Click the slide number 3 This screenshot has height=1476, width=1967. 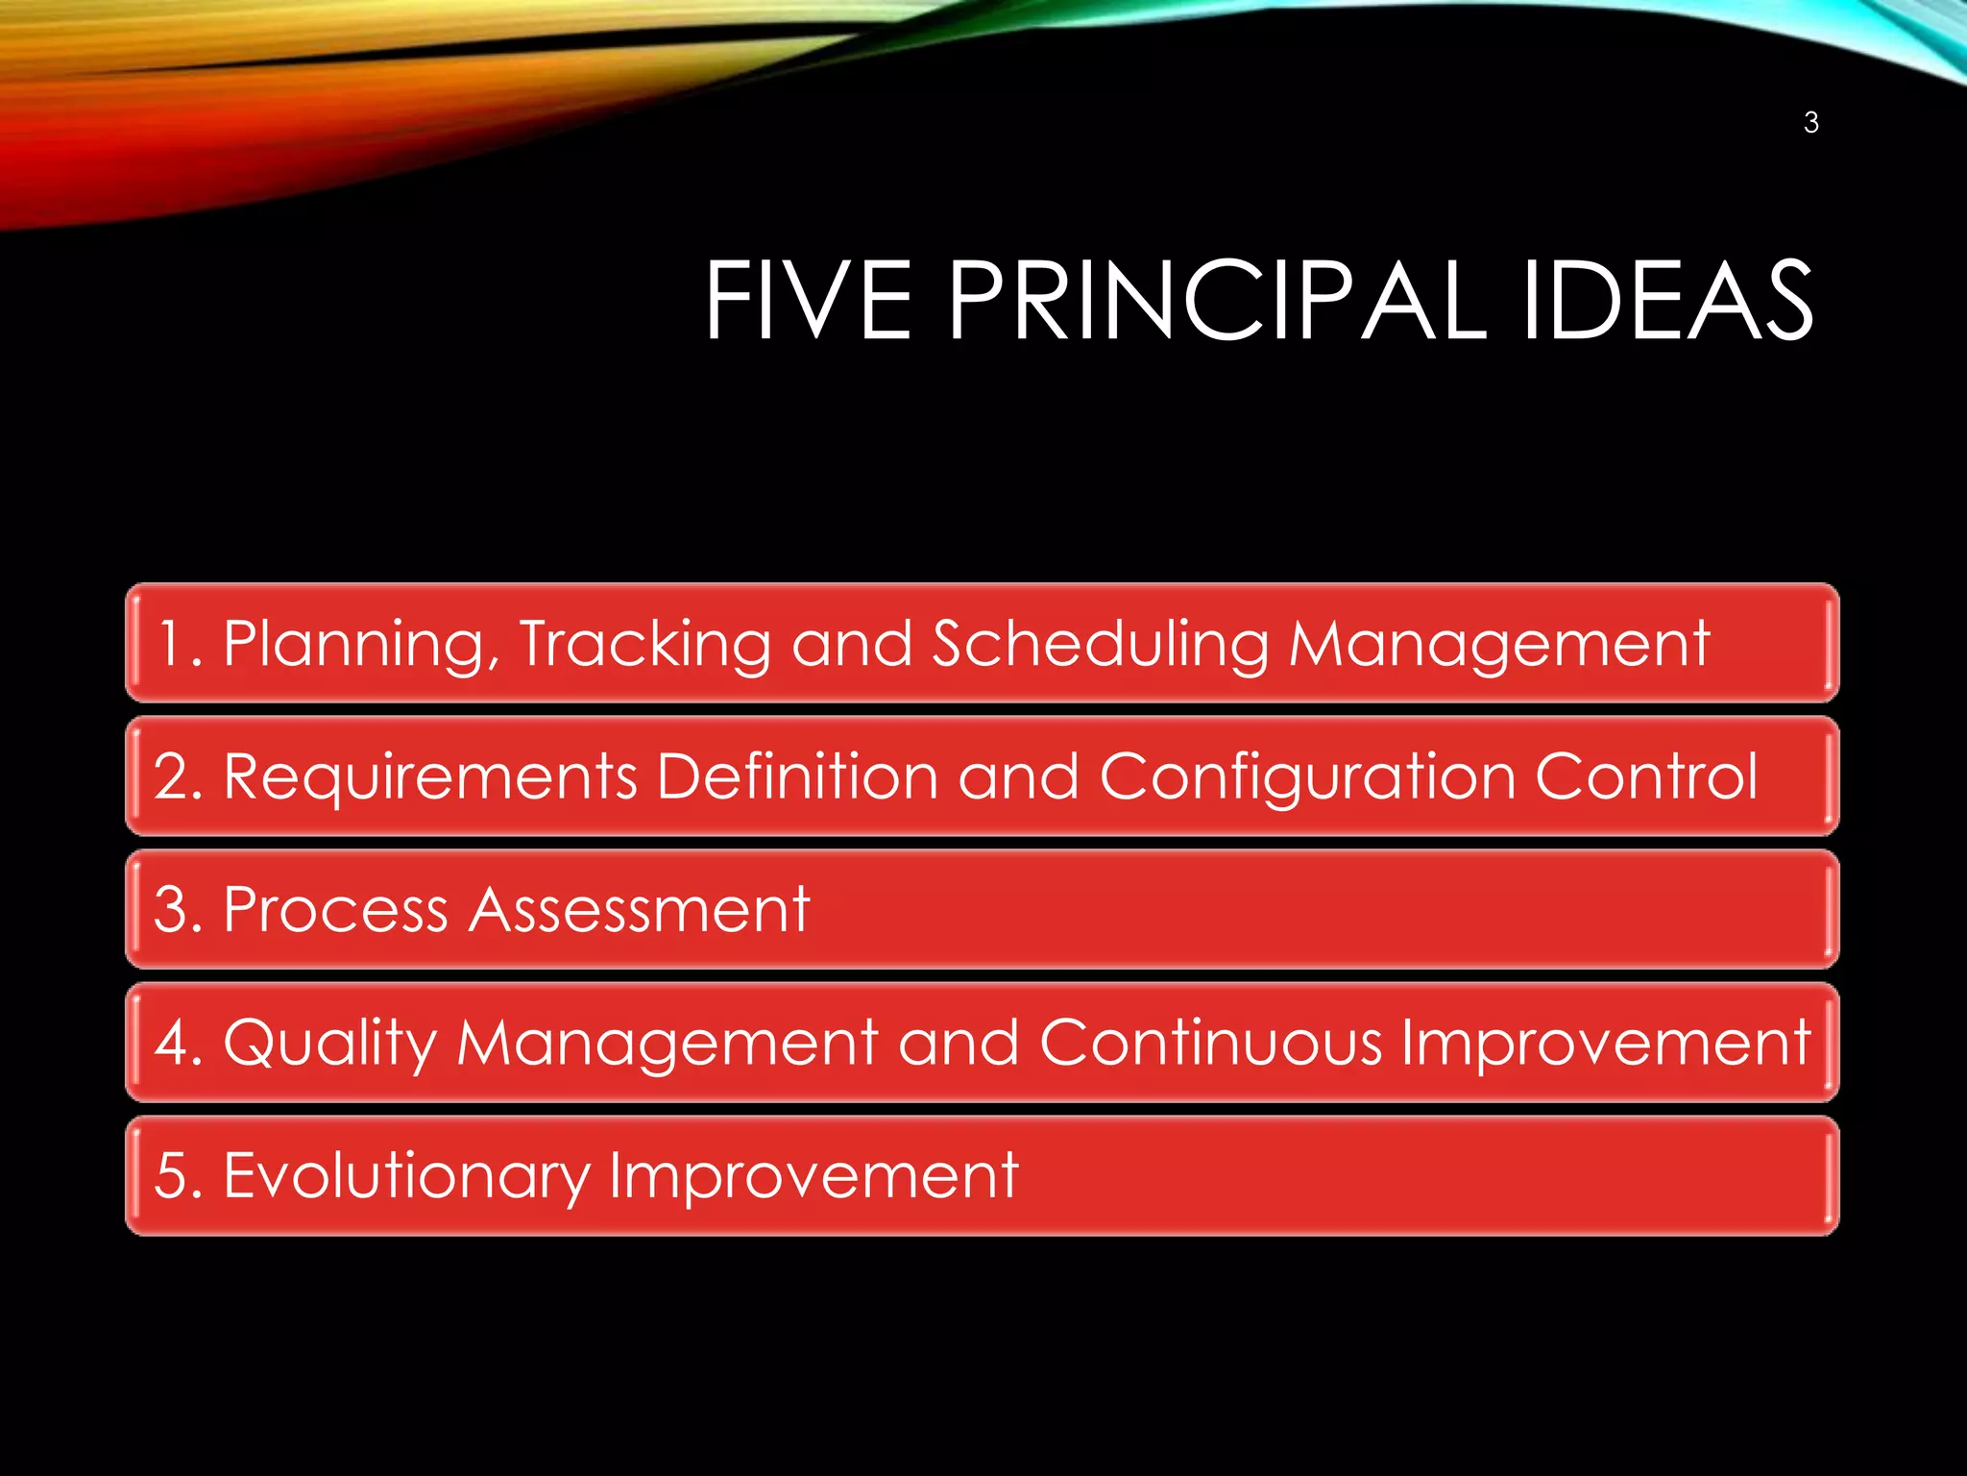[1810, 123]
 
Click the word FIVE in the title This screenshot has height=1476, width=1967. [808, 301]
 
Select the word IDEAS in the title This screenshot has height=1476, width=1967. [1667, 301]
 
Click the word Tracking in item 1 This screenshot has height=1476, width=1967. [644, 643]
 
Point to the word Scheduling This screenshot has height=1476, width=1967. [1101, 645]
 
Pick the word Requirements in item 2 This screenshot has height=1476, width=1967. [430, 776]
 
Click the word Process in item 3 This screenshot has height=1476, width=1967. [335, 909]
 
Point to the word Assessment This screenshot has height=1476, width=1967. [640, 909]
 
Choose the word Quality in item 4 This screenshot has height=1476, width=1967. [329, 1044]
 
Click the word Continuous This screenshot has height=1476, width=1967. [1210, 1042]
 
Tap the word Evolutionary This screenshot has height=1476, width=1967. [406, 1176]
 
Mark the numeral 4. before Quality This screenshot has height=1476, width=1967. [178, 1043]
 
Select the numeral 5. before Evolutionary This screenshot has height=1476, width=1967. [178, 1175]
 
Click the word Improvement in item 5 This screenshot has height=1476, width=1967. [813, 1176]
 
